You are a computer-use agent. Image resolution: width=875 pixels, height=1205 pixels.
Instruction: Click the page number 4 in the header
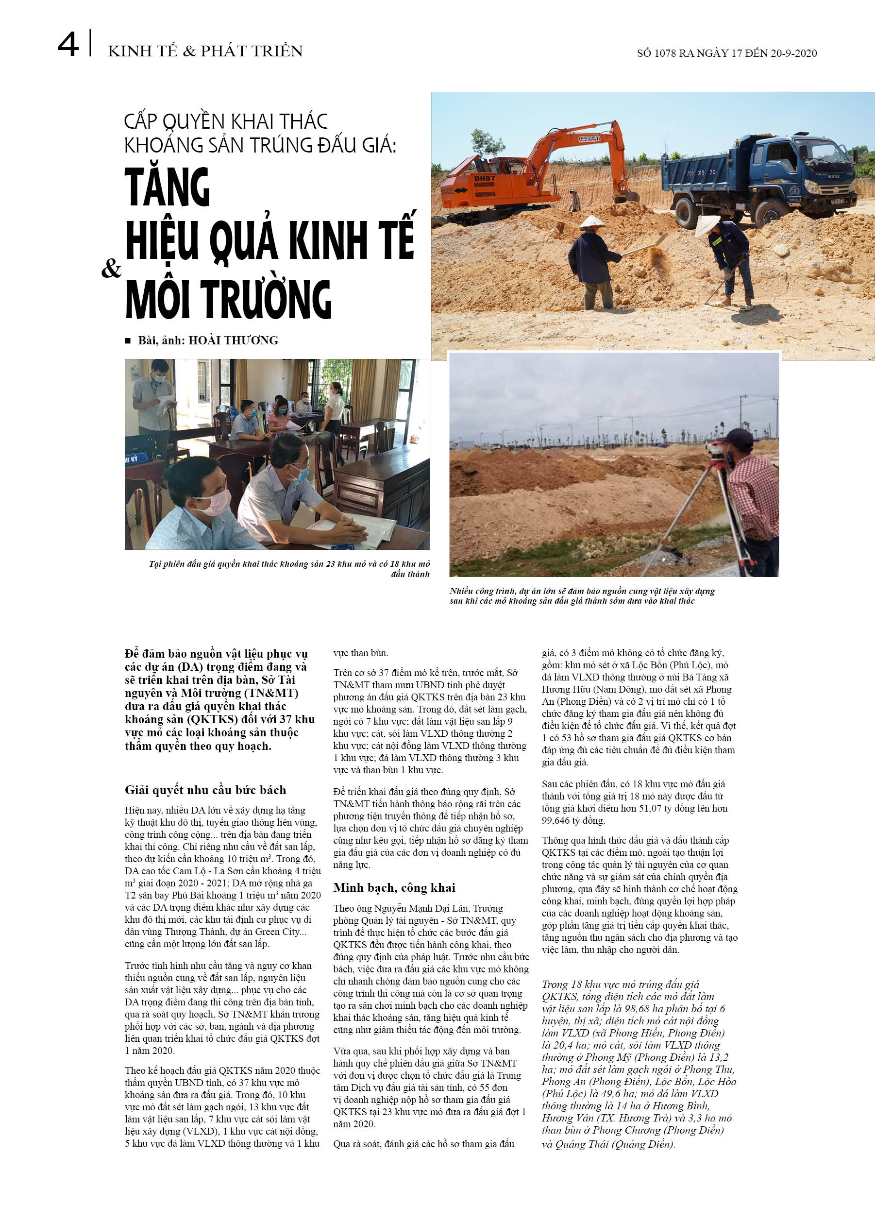point(67,45)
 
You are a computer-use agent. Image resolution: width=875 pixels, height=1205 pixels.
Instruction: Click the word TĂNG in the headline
point(168,187)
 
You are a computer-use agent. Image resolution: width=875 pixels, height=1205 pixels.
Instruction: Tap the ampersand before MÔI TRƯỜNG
point(111,269)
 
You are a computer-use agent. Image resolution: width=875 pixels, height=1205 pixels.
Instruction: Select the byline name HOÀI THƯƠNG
point(233,340)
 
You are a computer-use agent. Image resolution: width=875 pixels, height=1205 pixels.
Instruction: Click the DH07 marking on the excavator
point(484,179)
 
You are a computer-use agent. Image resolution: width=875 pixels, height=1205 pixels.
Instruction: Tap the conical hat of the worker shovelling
point(592,222)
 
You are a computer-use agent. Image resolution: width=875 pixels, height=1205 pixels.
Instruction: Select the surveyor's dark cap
point(739,437)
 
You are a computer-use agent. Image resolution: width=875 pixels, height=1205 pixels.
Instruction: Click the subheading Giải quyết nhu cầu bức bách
point(205,790)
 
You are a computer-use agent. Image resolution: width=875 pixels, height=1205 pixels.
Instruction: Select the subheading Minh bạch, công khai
point(394,888)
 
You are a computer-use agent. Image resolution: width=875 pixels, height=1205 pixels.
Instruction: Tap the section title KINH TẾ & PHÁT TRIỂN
point(205,51)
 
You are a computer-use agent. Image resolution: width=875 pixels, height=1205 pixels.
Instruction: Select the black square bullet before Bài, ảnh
point(128,340)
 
